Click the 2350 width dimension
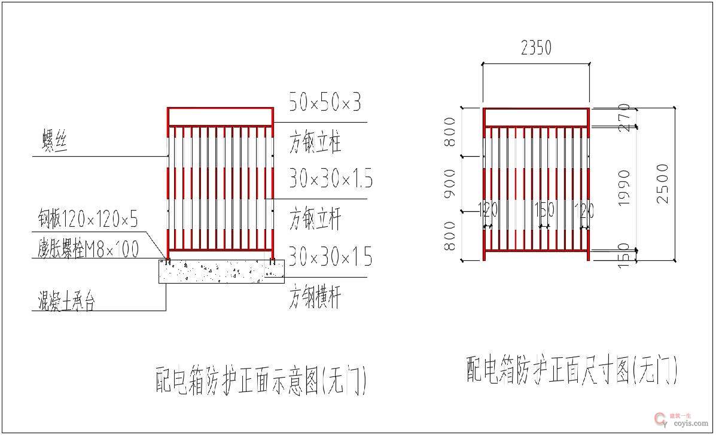coord(536,48)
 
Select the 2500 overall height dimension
coord(663,183)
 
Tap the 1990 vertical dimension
coord(624,188)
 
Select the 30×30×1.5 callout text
coord(331,178)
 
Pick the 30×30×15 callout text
coord(330,257)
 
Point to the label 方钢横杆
coord(315,297)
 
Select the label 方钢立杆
coord(315,219)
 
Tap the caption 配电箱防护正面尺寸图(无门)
coord(572,370)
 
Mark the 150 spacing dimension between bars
coord(544,210)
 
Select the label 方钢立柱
coord(315,144)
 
